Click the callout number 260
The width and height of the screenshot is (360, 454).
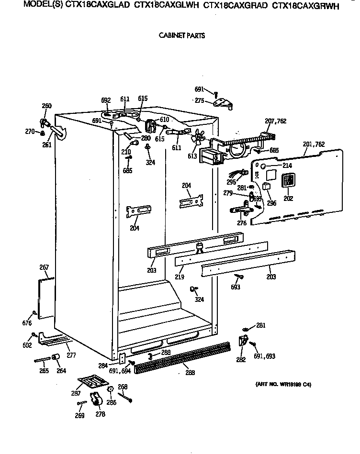coord(46,106)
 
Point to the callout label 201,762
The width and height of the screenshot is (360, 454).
coord(314,144)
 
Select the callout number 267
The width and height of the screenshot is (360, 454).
coord(44,267)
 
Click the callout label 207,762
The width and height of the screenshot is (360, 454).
coord(275,122)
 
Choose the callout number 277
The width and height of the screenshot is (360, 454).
coord(71,355)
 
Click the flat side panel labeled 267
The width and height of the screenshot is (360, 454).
coord(46,299)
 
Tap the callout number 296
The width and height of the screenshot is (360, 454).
coord(272,202)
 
